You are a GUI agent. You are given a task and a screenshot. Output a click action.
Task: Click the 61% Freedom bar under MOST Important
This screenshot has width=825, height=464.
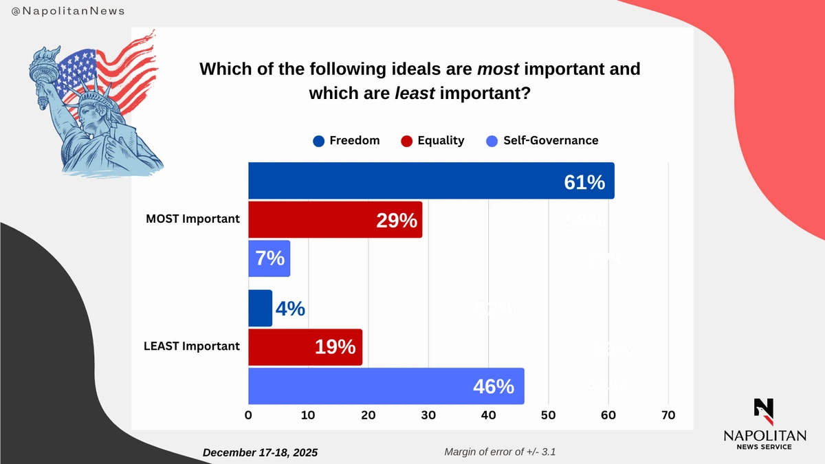coord(431,181)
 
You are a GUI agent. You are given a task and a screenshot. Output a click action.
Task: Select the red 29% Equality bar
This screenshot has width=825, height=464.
coord(335,220)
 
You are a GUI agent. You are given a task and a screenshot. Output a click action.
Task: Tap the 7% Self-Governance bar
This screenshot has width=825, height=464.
coord(269,258)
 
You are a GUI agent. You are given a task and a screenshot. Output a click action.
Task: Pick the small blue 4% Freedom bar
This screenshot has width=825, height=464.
coord(260,308)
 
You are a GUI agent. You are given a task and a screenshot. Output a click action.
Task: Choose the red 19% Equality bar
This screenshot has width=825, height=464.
coord(305,346)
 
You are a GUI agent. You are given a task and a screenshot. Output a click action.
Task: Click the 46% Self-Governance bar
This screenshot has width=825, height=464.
coord(386,386)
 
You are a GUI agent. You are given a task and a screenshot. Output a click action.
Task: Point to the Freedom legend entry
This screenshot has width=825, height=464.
coord(346,141)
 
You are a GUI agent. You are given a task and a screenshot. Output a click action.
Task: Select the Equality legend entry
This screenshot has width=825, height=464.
coord(432,141)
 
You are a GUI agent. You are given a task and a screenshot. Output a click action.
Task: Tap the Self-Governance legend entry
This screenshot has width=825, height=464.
coord(542,141)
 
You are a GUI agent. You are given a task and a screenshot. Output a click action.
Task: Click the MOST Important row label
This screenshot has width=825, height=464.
coord(192,219)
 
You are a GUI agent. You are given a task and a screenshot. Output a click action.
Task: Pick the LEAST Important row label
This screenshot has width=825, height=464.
coord(192,346)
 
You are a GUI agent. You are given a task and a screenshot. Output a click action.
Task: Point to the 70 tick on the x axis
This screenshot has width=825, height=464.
coord(668,415)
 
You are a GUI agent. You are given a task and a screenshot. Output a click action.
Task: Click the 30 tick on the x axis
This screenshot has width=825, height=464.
coord(428,415)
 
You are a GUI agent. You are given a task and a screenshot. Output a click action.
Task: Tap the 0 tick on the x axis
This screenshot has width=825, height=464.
coord(248,415)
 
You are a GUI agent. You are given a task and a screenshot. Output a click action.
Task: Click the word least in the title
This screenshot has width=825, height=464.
coord(415,93)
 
